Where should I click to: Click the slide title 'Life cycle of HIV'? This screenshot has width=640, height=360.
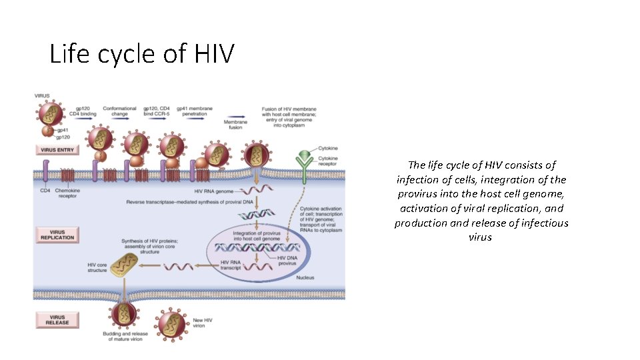click(x=141, y=53)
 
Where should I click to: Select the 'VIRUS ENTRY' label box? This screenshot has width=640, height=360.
click(x=57, y=150)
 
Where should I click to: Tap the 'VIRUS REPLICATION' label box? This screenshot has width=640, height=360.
click(x=57, y=234)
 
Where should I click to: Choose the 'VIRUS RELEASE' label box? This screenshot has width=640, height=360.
click(x=57, y=320)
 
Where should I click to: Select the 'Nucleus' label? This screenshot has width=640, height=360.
click(x=305, y=277)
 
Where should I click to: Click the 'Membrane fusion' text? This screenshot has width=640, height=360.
click(x=235, y=125)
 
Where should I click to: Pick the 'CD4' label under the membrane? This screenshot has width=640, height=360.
click(x=45, y=191)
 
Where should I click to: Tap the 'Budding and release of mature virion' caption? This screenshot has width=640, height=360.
click(x=124, y=337)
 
